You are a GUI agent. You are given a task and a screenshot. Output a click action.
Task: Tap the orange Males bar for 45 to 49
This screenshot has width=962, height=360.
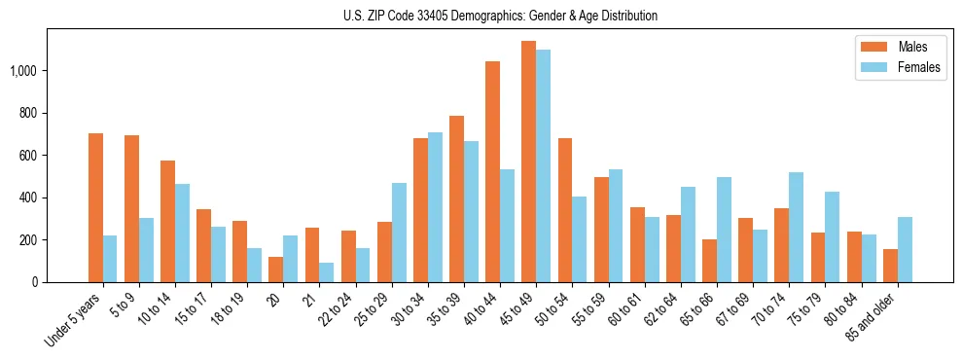coord(528,162)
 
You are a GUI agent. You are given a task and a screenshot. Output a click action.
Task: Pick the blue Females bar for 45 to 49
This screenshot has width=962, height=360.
coord(543,165)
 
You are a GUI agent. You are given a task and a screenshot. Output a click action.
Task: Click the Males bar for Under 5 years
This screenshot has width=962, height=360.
coord(95,207)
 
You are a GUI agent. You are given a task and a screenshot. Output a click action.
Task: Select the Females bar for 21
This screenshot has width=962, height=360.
coord(326,272)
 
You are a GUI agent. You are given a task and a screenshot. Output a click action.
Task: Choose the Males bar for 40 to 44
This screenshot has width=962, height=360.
coord(492,171)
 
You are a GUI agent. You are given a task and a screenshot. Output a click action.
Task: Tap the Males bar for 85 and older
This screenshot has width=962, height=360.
coord(890,266)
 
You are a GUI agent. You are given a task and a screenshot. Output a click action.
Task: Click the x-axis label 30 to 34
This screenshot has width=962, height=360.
coord(403,310)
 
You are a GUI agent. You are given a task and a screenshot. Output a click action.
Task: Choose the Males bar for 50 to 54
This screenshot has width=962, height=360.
coord(565,210)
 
